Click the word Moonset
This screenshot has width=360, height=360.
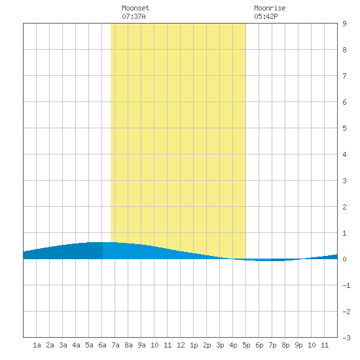pyautogui.click(x=135, y=8)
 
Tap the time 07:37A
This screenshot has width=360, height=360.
pyautogui.click(x=134, y=16)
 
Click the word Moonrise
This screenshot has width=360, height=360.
pyautogui.click(x=270, y=8)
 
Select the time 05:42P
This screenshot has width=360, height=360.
pyautogui.click(x=266, y=16)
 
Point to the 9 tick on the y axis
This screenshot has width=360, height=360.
pyautogui.click(x=344, y=24)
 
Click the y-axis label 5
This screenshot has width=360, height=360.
pyautogui.click(x=344, y=128)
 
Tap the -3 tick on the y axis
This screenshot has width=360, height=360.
pyautogui.click(x=346, y=338)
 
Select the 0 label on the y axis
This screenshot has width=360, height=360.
pyautogui.click(x=344, y=259)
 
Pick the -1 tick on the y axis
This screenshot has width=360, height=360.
pyautogui.click(x=346, y=285)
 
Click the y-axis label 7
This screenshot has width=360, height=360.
pyautogui.click(x=344, y=76)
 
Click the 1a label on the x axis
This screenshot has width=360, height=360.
pyautogui.click(x=37, y=345)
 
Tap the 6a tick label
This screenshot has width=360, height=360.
pyautogui.click(x=102, y=345)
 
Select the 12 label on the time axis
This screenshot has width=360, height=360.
pyautogui.click(x=181, y=345)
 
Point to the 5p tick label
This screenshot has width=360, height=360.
pyautogui.click(x=246, y=345)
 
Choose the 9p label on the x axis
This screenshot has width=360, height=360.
pyautogui.click(x=298, y=345)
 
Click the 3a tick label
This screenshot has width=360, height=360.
pyautogui.click(x=63, y=345)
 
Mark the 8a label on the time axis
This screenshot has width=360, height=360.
pyautogui.click(x=128, y=345)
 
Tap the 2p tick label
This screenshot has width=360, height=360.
pyautogui.click(x=207, y=345)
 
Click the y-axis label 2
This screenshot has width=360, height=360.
pyautogui.click(x=344, y=207)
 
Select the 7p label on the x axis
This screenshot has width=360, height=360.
pyautogui.click(x=272, y=345)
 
